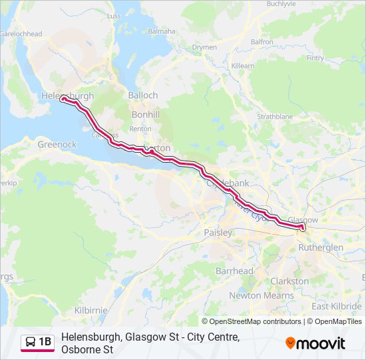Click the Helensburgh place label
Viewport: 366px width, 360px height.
point(67,96)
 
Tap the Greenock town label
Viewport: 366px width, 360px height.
point(57,144)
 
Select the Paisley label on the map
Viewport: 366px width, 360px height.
point(218,233)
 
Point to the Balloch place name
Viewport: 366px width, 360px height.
point(143,95)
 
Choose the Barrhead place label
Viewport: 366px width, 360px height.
point(234,271)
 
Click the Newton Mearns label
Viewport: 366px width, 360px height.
point(261,295)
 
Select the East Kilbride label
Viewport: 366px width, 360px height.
point(337,306)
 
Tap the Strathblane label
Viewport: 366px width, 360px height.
point(275,116)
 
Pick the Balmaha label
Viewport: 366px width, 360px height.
point(162,31)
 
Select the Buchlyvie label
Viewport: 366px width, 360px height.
point(281,4)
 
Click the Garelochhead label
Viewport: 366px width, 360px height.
point(21,33)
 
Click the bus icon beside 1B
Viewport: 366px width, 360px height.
point(31,343)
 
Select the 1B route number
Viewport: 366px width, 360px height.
point(45,343)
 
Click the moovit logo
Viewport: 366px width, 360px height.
point(315,343)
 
